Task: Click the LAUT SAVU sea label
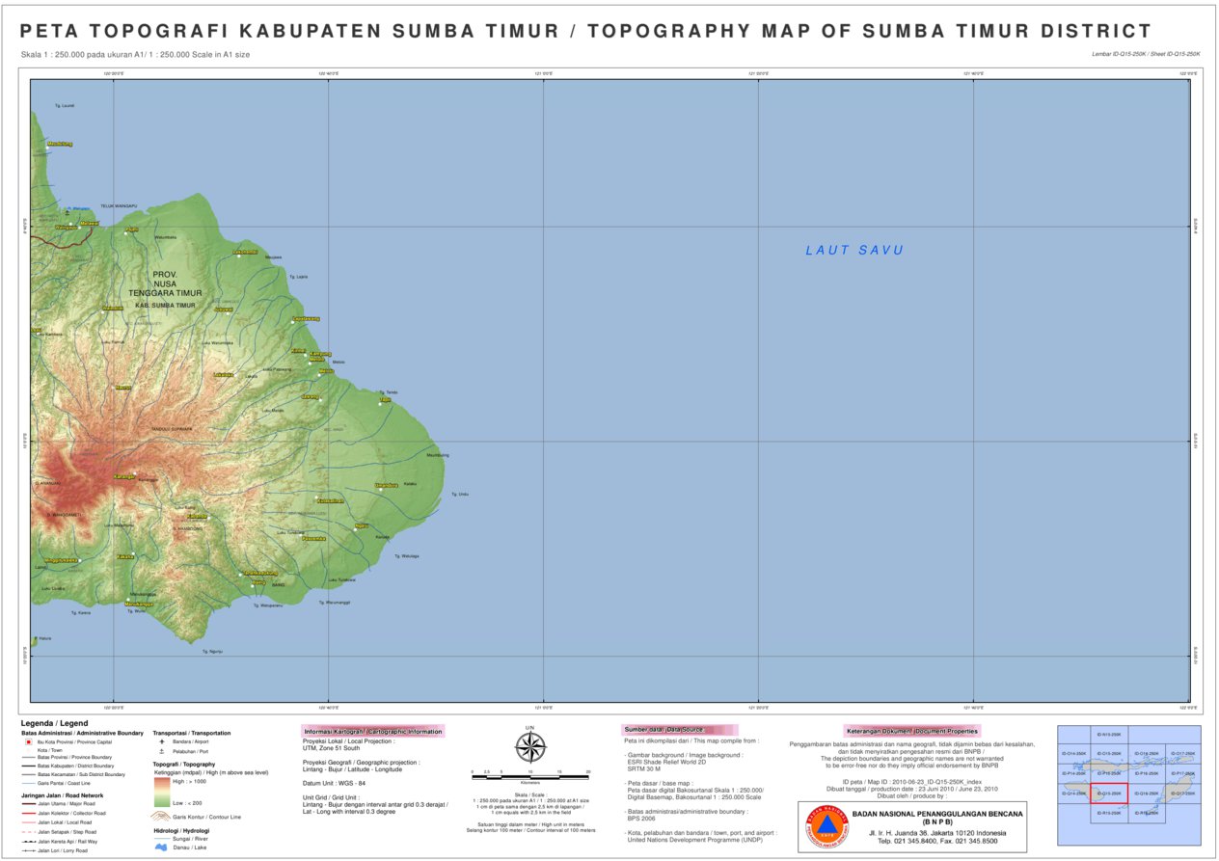[854, 251]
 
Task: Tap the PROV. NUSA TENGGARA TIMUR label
[165, 283]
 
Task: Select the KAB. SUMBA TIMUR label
[165, 306]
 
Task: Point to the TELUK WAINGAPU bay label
[120, 205]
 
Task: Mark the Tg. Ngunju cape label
[212, 652]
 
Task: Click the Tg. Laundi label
[66, 105]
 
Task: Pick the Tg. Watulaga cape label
[407, 555]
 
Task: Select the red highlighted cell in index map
[1108, 794]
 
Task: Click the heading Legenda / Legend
[54, 723]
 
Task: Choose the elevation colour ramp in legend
[162, 792]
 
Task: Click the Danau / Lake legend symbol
[161, 848]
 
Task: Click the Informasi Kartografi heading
[372, 731]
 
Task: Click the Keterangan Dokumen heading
[911, 731]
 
